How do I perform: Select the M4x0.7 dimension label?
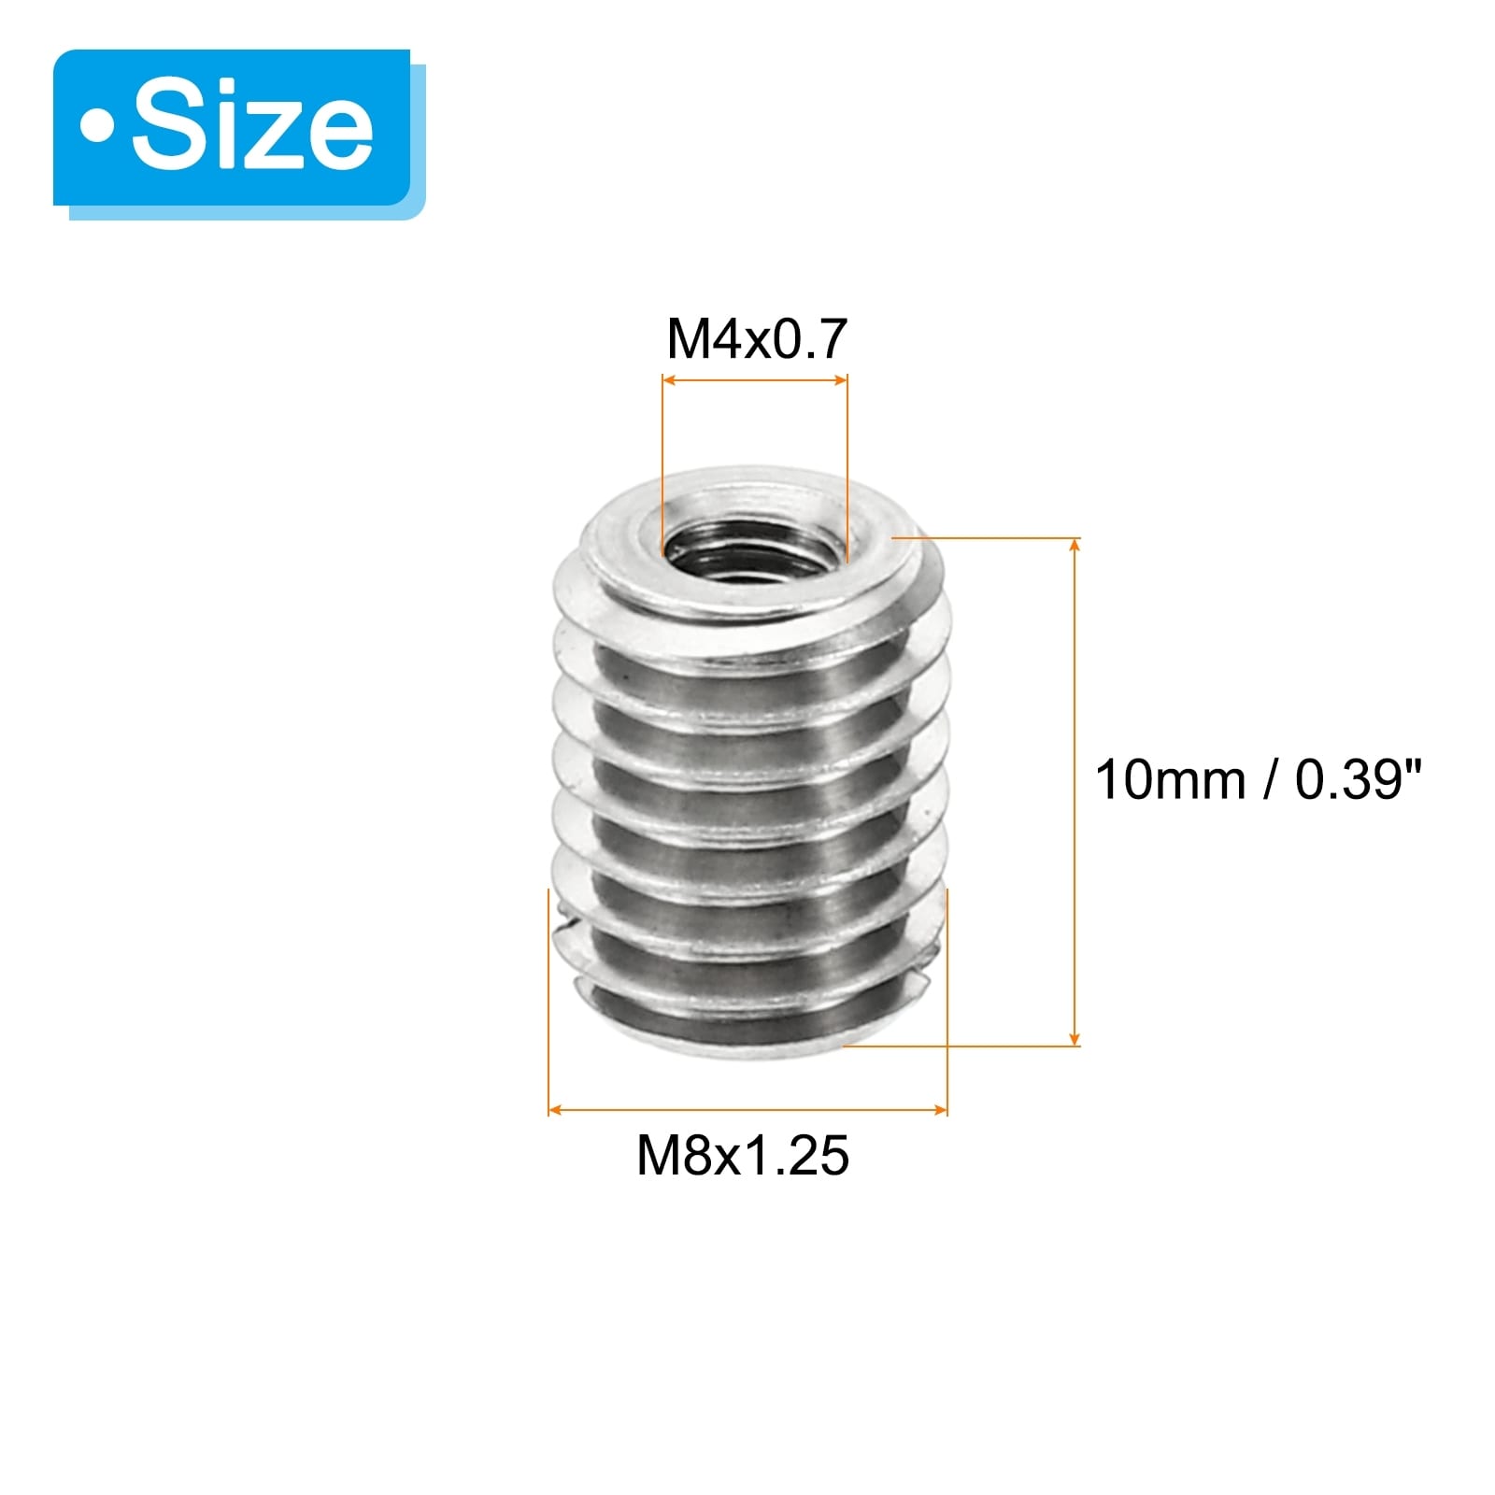coord(756,338)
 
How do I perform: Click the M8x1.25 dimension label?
coord(743,1156)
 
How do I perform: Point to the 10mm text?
coord(1170,779)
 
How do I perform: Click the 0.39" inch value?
coord(1358,779)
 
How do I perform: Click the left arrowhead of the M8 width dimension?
coord(556,1110)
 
